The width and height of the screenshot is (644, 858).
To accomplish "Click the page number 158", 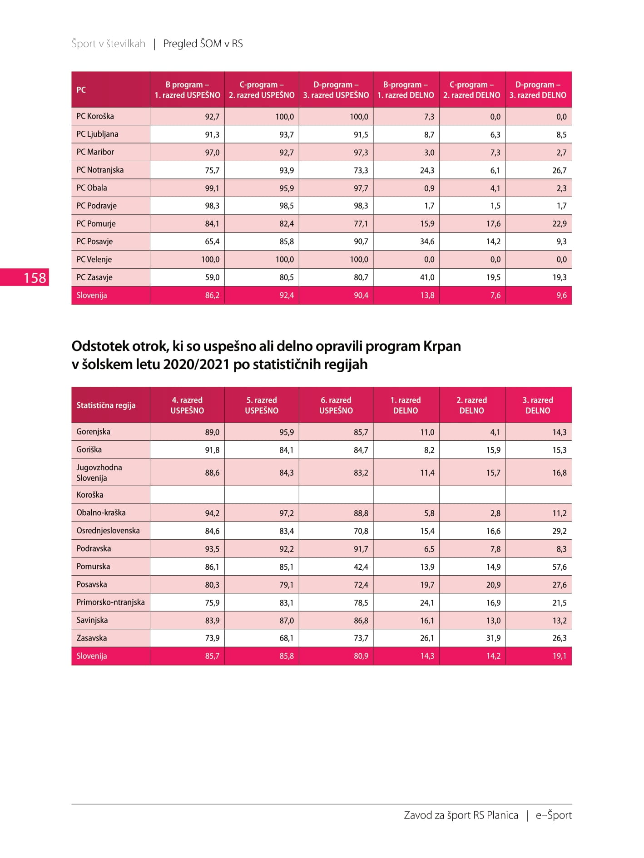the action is coord(35,278).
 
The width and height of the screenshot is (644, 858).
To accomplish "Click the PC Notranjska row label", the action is coord(100,170).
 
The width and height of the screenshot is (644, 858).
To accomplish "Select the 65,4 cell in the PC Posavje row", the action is coord(212,242).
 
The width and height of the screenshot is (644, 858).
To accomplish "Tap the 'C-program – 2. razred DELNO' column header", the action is coord(472,90).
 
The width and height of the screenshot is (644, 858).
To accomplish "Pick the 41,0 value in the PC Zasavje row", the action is coord(427,277).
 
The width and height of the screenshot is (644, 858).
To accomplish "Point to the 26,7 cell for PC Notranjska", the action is coord(559,170).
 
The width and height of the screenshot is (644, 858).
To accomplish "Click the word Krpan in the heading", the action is coord(442,346).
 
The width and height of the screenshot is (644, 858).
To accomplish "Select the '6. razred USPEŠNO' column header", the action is coord(336,405).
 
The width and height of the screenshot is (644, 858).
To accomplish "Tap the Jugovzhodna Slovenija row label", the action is coord(99,473).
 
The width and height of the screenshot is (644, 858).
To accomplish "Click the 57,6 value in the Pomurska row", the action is coord(559,567).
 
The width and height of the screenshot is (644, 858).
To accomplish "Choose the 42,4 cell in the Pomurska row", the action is coord(361,567).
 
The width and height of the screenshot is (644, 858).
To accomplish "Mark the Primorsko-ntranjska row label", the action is coord(110,602).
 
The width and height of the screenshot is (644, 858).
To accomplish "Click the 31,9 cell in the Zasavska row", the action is coord(493,638).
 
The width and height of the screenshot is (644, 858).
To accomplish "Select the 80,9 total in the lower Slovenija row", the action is coord(361,656).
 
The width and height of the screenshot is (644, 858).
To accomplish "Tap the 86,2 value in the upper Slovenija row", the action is coord(212,296).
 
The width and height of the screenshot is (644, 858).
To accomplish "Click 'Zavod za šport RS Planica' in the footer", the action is coord(461,815).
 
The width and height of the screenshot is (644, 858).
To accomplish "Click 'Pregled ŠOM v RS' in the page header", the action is coord(203,44).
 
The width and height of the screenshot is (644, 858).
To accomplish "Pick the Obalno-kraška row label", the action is coord(101,513).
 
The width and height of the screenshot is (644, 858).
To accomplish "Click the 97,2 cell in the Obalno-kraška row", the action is coord(287,513).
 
